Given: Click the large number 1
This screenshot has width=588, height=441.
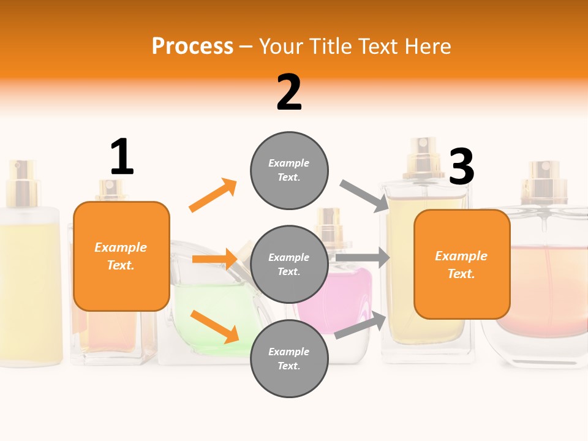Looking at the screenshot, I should coord(121,157).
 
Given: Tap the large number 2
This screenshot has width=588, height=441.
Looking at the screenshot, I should coord(289,92).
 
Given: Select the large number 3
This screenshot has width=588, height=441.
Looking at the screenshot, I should coord(461,167).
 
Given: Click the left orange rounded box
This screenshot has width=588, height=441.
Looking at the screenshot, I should coord(121,256).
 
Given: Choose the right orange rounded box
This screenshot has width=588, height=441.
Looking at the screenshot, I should coord(462,264).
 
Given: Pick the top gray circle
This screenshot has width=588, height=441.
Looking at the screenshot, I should coord(289,170).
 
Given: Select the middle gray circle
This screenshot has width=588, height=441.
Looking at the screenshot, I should coord(289,264).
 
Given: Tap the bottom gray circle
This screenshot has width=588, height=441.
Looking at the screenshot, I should coord(289,358).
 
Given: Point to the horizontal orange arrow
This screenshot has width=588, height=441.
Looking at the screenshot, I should coord(214,259).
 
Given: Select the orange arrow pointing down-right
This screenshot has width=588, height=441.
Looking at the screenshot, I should coord(214,326).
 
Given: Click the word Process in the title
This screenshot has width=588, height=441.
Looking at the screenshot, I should coord(192,46).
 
